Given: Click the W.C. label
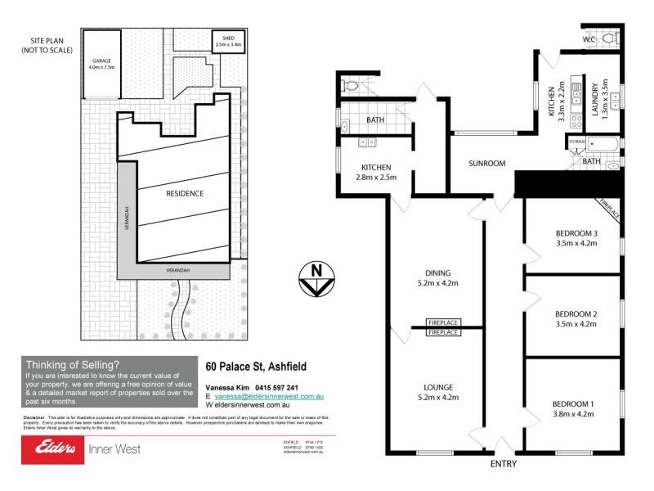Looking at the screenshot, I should pos(589,38).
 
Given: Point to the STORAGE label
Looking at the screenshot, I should pos(577,142).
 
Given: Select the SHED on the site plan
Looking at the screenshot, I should pos(228,39).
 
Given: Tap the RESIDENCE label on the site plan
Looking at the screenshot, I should pos(185,193).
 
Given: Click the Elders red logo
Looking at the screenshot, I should pos(52,448).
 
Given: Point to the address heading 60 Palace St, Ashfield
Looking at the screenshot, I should pos(256,367).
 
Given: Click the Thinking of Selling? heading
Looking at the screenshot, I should pos(73,365).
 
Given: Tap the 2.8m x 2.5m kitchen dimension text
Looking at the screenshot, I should pos(376,177).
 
